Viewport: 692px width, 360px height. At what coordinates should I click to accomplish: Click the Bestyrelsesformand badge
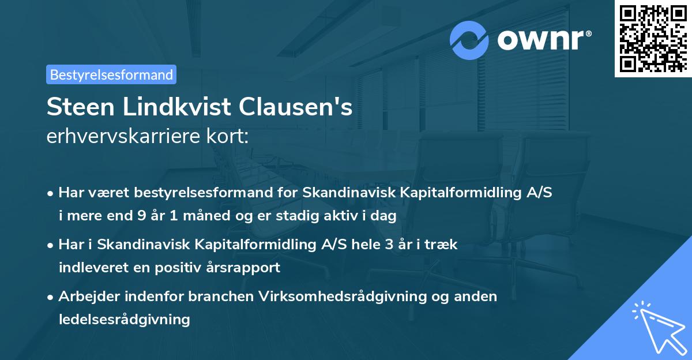point(111,74)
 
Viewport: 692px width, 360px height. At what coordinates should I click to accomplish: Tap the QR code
point(652,38)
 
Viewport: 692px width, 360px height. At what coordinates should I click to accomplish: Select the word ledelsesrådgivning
point(125,319)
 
